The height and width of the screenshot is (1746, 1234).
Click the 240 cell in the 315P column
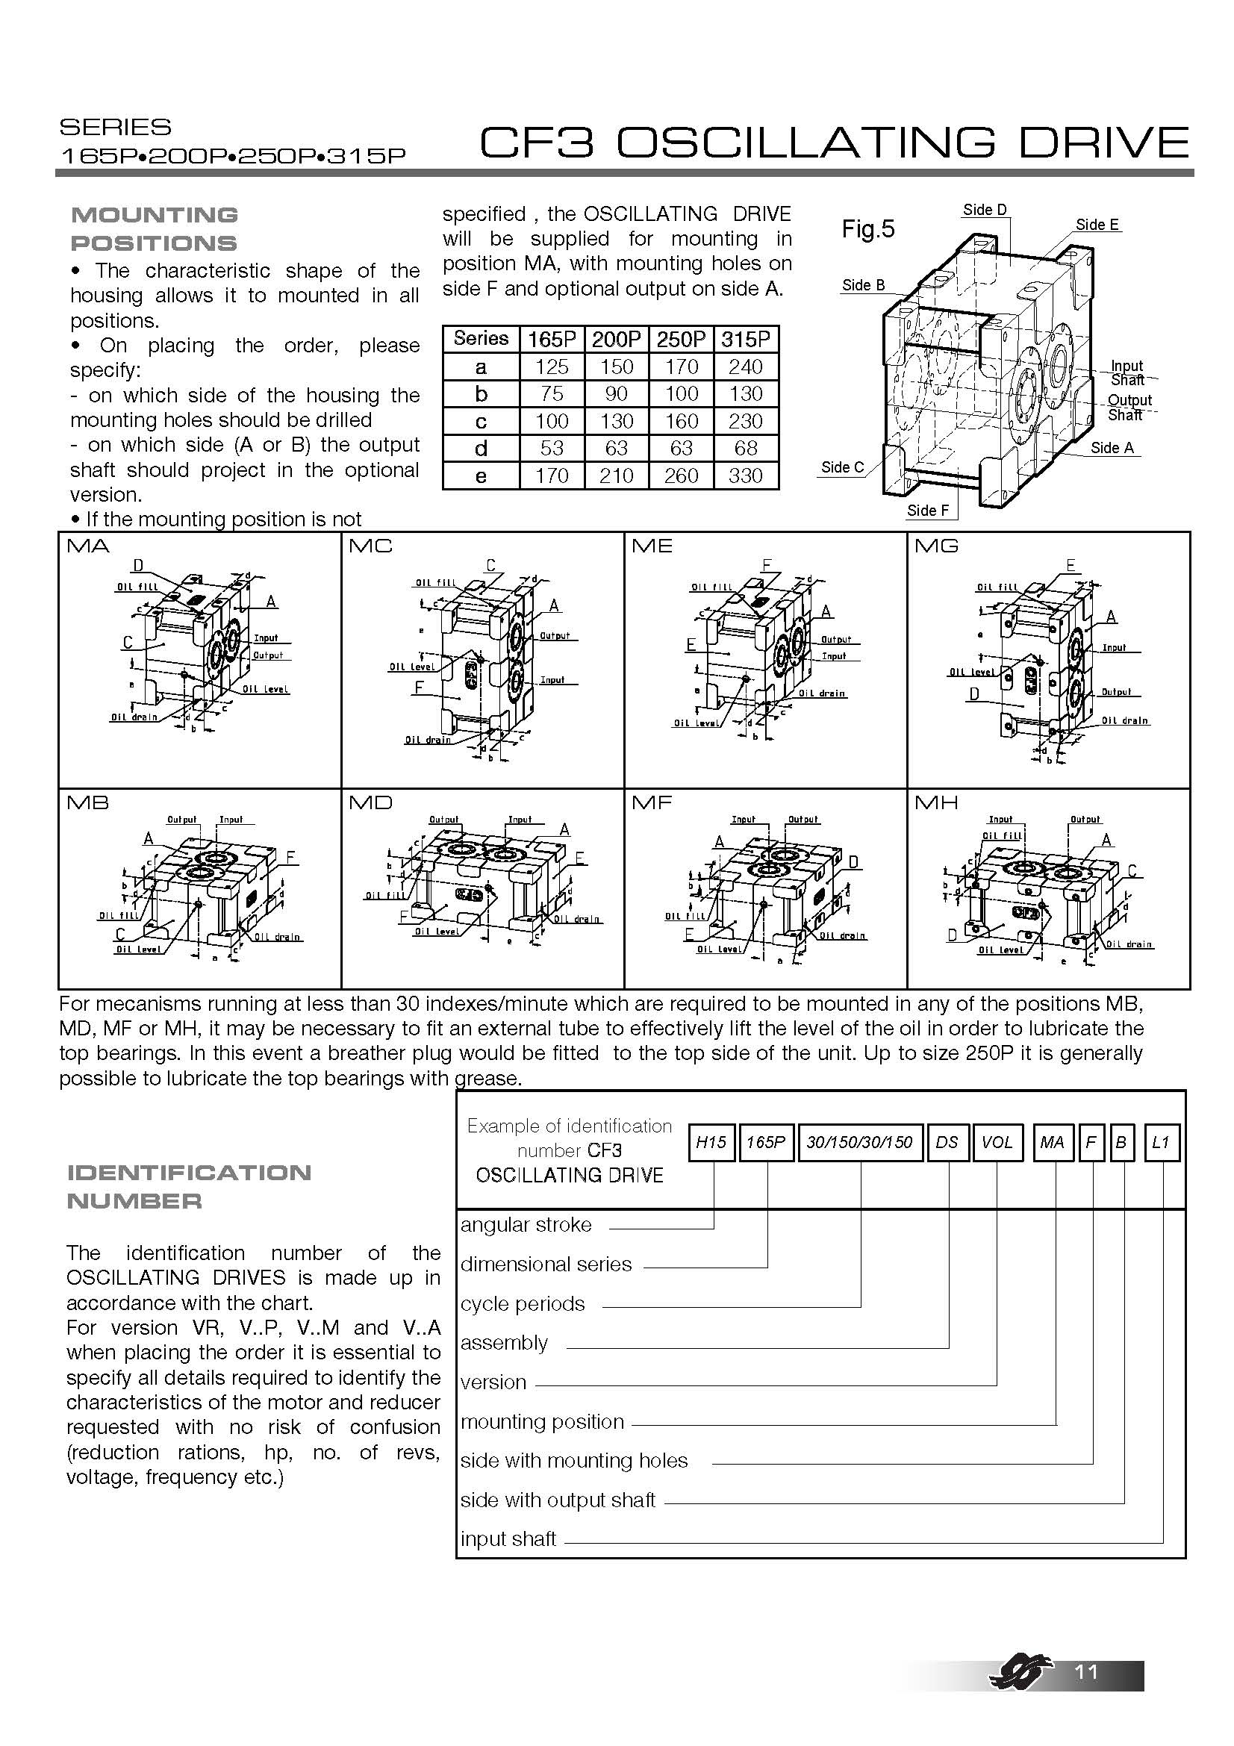(x=745, y=367)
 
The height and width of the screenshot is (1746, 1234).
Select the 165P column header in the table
(x=551, y=339)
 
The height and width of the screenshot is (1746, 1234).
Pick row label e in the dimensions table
(x=481, y=476)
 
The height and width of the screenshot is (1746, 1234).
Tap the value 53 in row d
(x=551, y=449)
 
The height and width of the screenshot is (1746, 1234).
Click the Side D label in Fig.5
(x=985, y=210)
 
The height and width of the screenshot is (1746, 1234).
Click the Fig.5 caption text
(x=867, y=229)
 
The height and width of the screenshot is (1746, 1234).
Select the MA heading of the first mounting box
(x=88, y=546)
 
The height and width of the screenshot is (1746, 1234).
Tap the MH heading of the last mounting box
(x=936, y=803)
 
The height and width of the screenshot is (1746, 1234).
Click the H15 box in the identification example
(x=711, y=1142)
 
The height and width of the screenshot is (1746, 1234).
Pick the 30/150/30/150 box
(x=859, y=1142)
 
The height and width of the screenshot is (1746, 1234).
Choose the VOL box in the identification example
(x=997, y=1142)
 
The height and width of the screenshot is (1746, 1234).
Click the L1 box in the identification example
(x=1160, y=1142)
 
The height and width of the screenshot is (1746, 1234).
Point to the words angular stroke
(x=526, y=1225)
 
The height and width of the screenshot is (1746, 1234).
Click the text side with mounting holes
(x=573, y=1461)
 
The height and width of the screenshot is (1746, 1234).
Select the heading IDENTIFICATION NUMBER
(x=189, y=1186)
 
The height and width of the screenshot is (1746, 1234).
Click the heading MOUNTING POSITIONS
(x=154, y=229)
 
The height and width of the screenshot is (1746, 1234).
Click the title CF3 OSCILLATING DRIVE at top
(x=833, y=143)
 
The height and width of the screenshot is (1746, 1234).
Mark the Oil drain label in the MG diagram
(x=1124, y=720)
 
